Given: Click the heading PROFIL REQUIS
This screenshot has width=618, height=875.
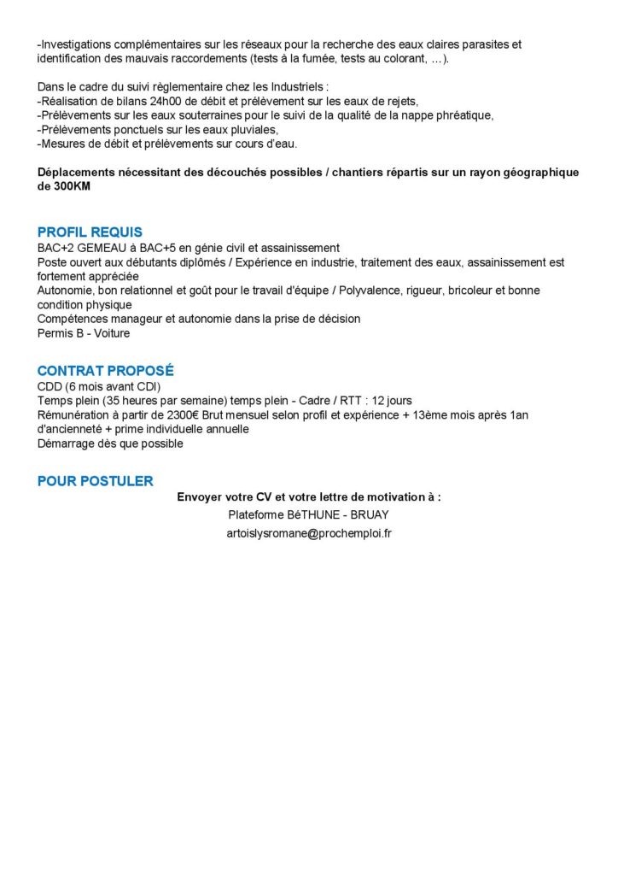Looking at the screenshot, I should [x=90, y=232].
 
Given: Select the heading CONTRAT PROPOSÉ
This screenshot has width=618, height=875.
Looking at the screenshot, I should [x=105, y=371].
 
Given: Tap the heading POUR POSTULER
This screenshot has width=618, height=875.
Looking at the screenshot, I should [x=95, y=481].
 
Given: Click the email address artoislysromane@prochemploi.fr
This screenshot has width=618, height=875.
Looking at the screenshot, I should [x=309, y=532].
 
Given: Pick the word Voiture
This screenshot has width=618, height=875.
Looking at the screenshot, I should [x=113, y=332].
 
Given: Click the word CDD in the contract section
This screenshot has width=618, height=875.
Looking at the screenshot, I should [x=50, y=386].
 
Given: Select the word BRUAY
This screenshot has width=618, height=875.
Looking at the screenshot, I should [x=370, y=514].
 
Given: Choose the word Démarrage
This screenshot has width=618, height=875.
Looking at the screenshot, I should [x=67, y=443].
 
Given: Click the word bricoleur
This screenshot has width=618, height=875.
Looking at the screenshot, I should [x=461, y=291].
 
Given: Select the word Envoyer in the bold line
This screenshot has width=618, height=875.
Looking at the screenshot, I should [x=201, y=496].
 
